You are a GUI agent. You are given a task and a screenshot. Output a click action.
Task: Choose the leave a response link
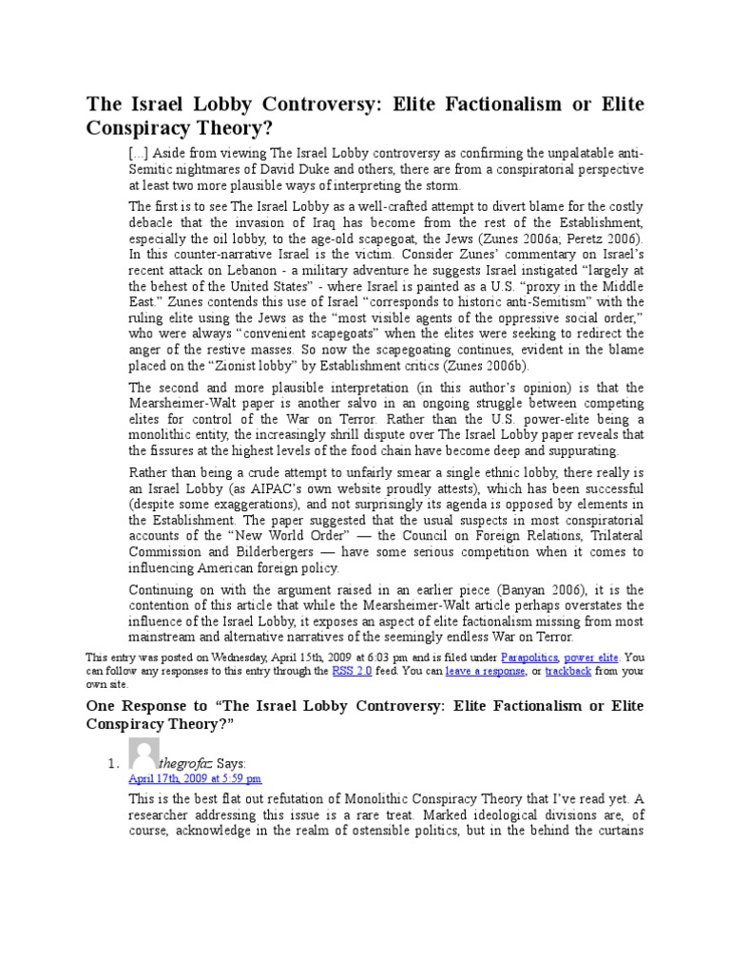point(485,670)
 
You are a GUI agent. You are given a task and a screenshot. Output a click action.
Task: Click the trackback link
point(568,670)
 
